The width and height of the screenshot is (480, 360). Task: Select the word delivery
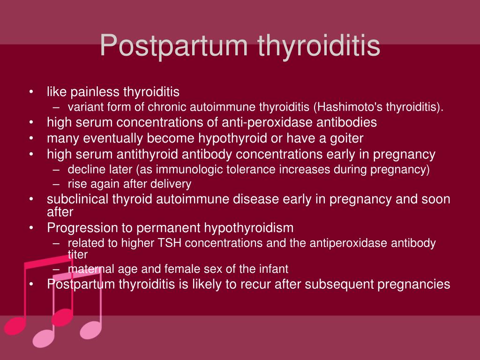(173, 184)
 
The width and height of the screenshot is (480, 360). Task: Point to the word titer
(77, 254)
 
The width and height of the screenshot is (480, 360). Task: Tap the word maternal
(87, 269)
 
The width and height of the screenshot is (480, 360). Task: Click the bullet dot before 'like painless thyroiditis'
(31, 92)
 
